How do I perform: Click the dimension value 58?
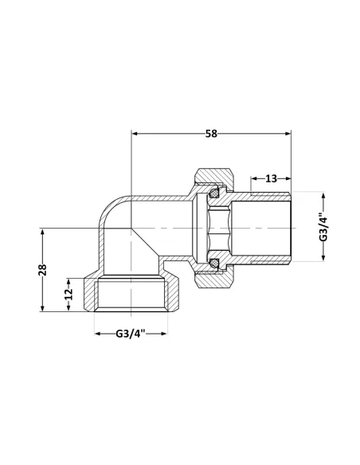[x=210, y=134]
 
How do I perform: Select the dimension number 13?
[x=271, y=178]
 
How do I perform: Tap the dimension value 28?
[x=45, y=269]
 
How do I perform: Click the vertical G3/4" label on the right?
[x=323, y=225]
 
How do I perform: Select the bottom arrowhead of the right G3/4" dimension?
[x=323, y=256]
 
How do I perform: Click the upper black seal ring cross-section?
[x=213, y=193]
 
